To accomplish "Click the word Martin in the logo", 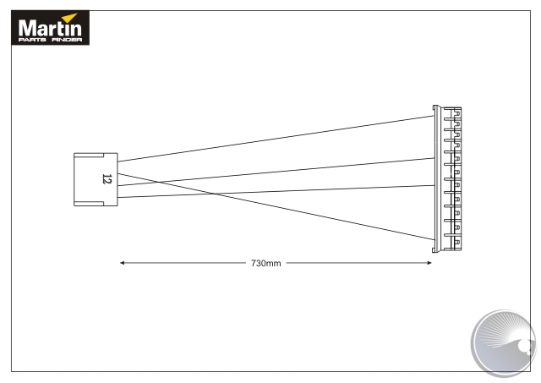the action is click(50, 28).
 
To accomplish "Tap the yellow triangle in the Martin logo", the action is click(70, 18).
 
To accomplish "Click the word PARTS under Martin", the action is click(32, 40).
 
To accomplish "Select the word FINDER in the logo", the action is click(67, 40).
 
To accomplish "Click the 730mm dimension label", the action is click(266, 263).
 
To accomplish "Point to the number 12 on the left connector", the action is click(107, 179).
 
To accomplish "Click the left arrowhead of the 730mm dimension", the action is click(122, 263).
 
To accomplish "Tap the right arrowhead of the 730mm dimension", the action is click(429, 263).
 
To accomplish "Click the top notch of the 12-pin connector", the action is click(89, 156).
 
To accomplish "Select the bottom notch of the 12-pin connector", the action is click(89, 204).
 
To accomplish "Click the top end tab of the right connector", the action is click(434, 107).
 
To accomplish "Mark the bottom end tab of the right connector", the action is click(434, 249).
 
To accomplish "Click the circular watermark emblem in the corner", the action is click(504, 342).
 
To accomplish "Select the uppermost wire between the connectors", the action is click(276, 139).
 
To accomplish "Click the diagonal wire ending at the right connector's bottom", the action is click(276, 206).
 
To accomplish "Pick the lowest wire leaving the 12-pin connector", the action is click(276, 191).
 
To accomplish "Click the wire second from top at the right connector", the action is click(276, 172).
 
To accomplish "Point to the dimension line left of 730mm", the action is click(183, 263).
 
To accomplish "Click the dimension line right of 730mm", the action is click(358, 263).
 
